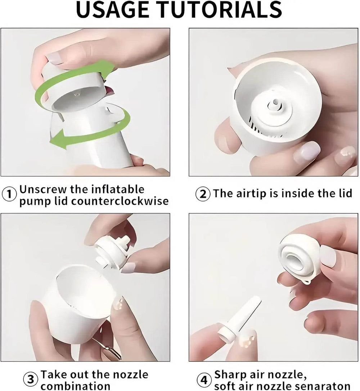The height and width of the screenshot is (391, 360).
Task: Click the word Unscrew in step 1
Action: pos(42,190)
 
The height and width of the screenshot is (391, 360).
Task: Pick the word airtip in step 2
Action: pos(251,194)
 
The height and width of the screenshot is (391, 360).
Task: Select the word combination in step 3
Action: pos(75,386)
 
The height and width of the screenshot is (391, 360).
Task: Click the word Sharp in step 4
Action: pos(230,375)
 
